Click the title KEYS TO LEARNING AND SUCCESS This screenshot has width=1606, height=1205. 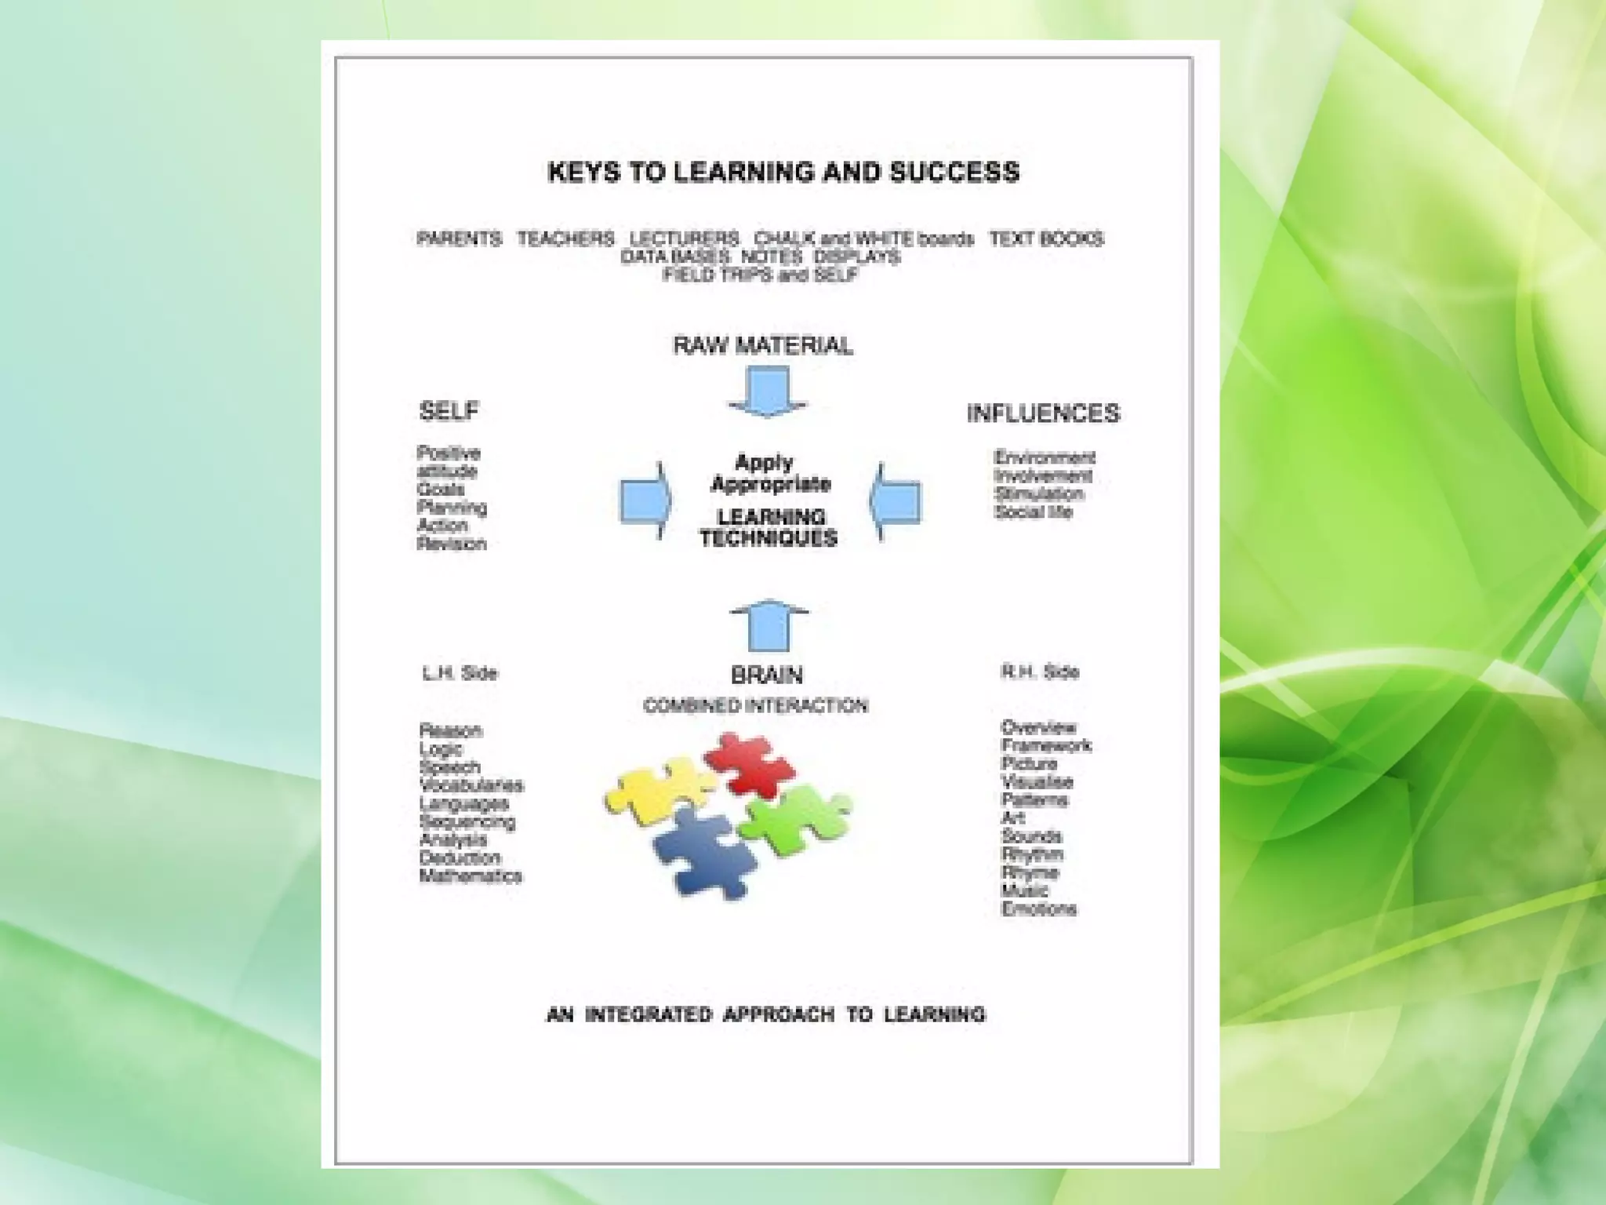click(783, 172)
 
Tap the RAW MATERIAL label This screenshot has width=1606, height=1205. click(762, 345)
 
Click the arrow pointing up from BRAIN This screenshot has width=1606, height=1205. click(768, 626)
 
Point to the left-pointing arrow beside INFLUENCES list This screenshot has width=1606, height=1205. click(896, 501)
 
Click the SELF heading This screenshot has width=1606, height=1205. click(449, 410)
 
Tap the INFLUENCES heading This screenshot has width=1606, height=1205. click(1042, 413)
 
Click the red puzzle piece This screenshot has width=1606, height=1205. click(749, 762)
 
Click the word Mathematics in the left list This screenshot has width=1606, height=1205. click(471, 876)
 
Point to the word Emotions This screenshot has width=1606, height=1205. click(1038, 909)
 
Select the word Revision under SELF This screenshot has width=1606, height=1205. click(451, 544)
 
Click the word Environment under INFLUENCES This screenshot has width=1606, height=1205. click(1044, 457)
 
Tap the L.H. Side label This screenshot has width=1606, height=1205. click(460, 673)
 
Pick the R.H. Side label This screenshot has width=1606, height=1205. click(1039, 672)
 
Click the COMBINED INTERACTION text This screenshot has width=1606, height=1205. click(755, 705)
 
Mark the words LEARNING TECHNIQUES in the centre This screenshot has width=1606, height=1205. click(769, 527)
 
